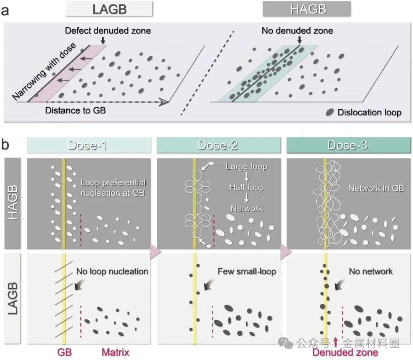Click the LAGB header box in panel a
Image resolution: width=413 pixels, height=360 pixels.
pyautogui.click(x=109, y=8)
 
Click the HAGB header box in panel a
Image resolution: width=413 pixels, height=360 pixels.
pyautogui.click(x=307, y=8)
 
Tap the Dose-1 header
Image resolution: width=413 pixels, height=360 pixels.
pyautogui.click(x=88, y=146)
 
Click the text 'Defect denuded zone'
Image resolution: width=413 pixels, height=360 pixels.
pyautogui.click(x=108, y=31)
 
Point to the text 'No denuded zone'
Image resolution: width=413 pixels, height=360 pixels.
pyautogui.click(x=297, y=31)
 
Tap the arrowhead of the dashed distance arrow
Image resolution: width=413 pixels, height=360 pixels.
pyautogui.click(x=164, y=102)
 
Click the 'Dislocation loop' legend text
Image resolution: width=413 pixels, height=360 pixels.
pyautogui.click(x=369, y=112)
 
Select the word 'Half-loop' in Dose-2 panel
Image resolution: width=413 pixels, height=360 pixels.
pyautogui.click(x=247, y=187)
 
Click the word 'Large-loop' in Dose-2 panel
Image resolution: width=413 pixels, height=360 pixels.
pyautogui.click(x=247, y=167)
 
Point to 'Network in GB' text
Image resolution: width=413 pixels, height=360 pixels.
pyautogui.click(x=376, y=188)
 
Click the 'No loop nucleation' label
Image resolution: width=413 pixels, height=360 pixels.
pyautogui.click(x=112, y=272)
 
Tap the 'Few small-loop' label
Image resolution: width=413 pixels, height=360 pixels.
pyautogui.click(x=247, y=272)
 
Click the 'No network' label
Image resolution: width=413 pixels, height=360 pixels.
pyautogui.click(x=371, y=272)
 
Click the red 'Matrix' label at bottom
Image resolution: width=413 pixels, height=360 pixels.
pyautogui.click(x=115, y=352)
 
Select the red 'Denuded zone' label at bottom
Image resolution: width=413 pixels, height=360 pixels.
pyautogui.click(x=345, y=352)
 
